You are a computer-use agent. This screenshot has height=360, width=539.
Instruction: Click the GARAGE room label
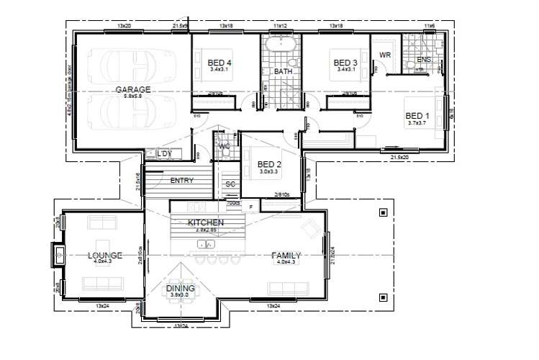[x=133, y=89]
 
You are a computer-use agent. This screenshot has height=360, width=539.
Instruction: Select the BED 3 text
[x=345, y=63]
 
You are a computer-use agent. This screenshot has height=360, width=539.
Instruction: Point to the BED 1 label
[x=417, y=116]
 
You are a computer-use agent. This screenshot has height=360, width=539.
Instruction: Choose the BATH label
[x=282, y=72]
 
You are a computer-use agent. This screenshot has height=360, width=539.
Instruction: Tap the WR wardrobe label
[x=385, y=55]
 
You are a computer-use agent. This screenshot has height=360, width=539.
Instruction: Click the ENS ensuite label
[x=424, y=60]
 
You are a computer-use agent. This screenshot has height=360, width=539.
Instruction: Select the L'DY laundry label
[x=163, y=154]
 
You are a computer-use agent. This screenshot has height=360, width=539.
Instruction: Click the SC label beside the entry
[x=230, y=184]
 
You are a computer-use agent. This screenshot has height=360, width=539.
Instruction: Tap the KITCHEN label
[x=206, y=222]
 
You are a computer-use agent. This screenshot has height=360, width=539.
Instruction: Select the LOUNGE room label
[x=105, y=255]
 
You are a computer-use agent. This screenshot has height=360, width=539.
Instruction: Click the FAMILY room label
[x=286, y=256]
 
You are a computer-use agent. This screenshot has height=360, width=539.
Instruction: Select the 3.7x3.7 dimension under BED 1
[x=417, y=123]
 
